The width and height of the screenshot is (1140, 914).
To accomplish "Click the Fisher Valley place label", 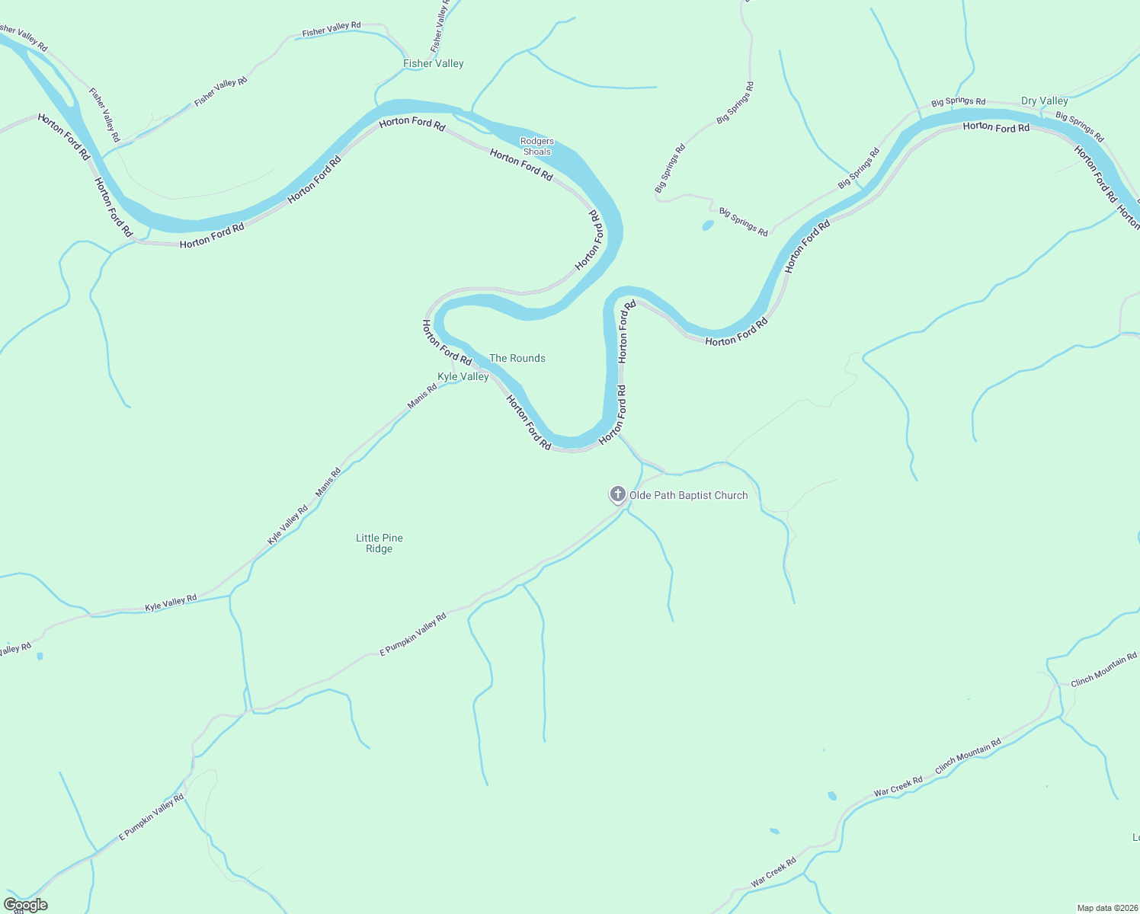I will (x=433, y=64).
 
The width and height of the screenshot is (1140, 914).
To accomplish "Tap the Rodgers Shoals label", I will (x=537, y=146).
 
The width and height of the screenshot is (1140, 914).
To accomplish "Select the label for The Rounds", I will (x=517, y=358).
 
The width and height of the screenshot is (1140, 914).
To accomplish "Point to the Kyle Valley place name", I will (x=463, y=376).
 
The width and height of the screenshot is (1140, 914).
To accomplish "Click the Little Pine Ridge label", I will (x=379, y=543).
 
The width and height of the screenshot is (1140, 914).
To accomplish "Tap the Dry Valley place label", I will (x=1044, y=101).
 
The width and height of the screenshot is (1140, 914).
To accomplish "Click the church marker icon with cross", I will (x=617, y=494).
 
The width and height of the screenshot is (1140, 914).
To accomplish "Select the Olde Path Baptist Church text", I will (x=688, y=495).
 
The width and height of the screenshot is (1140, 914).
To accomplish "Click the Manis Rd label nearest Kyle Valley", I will (x=422, y=396).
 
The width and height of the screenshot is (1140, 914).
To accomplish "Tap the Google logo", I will (x=25, y=905).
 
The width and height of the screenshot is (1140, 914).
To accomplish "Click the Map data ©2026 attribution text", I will (x=1106, y=908).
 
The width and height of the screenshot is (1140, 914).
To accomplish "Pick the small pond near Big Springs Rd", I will (x=708, y=225).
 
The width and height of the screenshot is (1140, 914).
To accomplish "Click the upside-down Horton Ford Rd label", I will (x=589, y=239).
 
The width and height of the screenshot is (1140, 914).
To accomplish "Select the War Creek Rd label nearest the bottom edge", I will (x=773, y=872).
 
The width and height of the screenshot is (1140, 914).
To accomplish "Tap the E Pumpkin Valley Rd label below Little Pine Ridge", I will (x=412, y=634).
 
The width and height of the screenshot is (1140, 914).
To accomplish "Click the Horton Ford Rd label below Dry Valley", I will (x=996, y=127).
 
